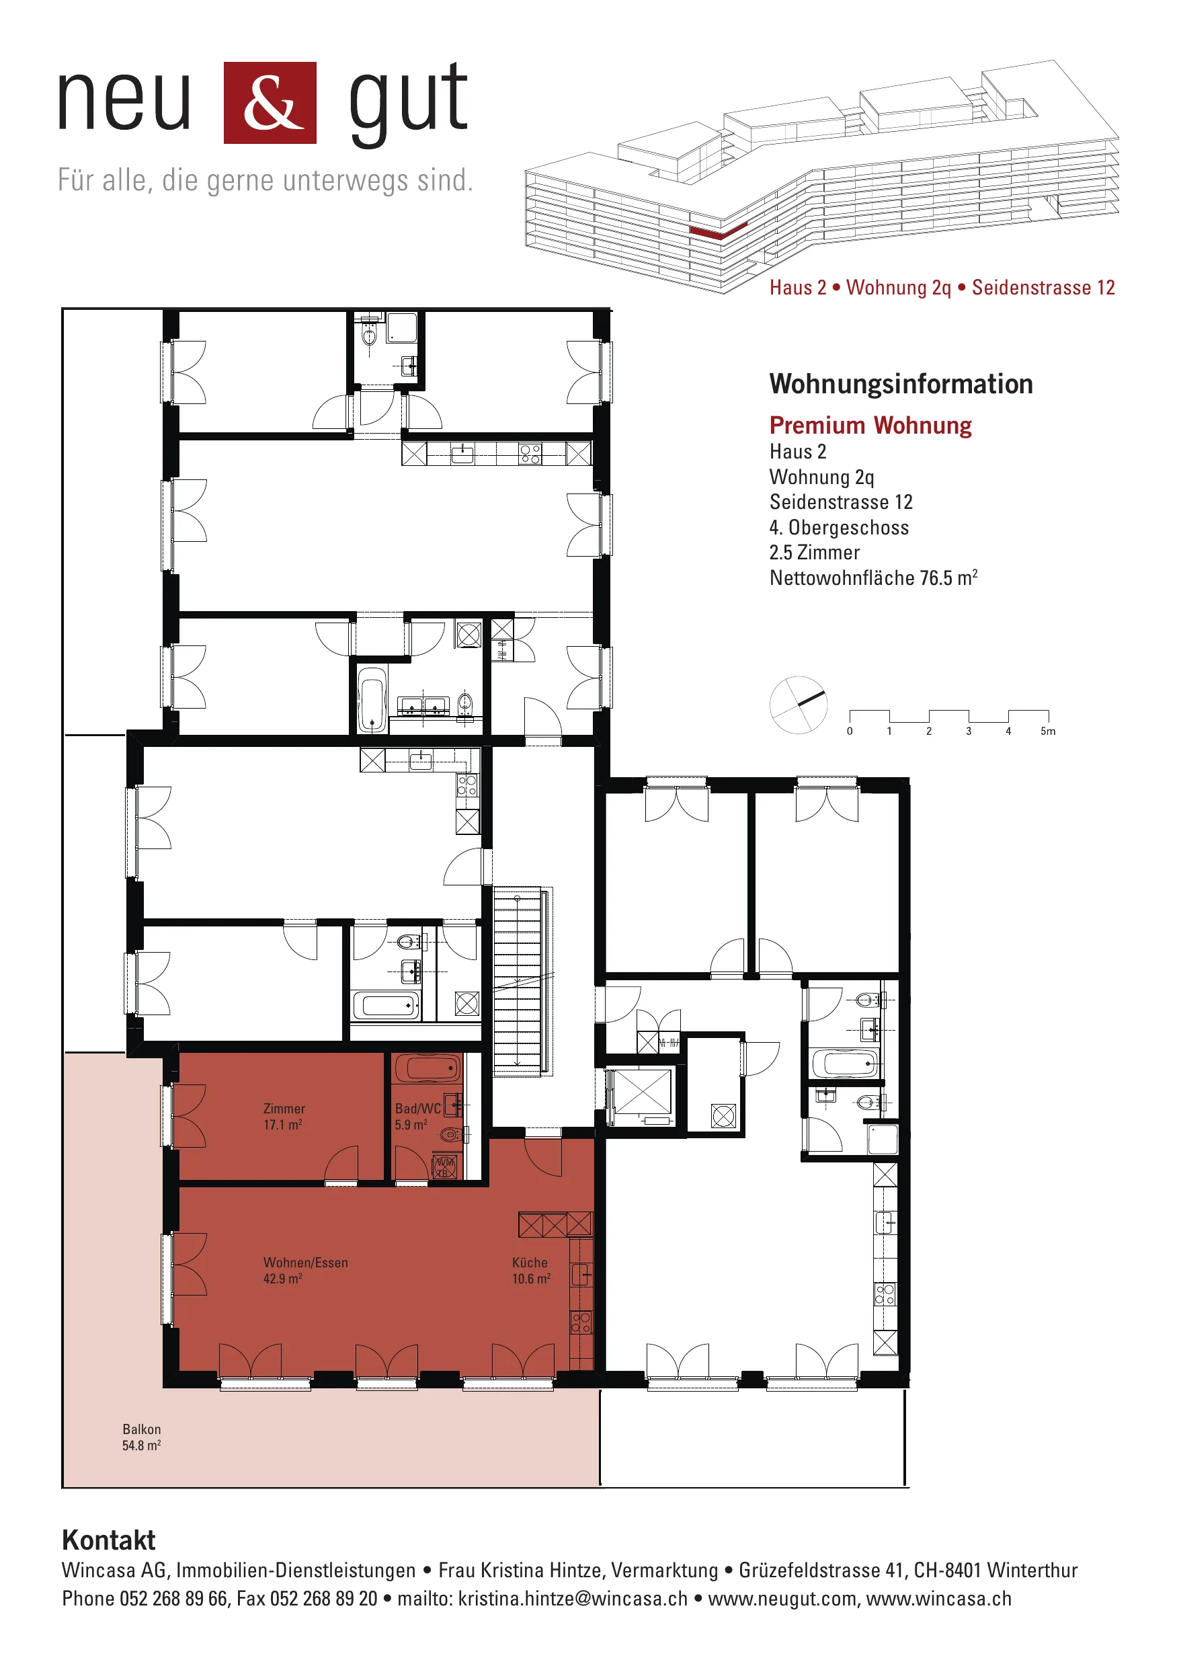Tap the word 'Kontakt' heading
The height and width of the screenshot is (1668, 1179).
click(109, 1540)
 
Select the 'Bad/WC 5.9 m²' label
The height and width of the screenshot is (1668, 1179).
click(417, 1117)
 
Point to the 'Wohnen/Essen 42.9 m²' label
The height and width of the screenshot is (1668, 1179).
click(305, 1271)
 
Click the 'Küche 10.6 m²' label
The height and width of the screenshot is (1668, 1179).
click(531, 1271)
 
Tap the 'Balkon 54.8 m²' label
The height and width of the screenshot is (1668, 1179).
click(142, 1437)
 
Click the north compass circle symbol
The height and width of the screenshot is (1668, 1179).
click(799, 705)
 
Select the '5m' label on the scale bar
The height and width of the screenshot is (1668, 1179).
click(1047, 731)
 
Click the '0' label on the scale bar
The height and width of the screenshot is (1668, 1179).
click(850, 731)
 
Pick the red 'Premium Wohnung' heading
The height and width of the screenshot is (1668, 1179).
click(870, 425)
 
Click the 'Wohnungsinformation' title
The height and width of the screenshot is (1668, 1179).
click(901, 384)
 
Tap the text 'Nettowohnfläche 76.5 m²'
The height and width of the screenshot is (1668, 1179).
click(873, 578)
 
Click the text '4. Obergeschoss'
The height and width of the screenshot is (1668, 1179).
click(839, 527)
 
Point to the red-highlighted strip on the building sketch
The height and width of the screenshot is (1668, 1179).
click(718, 232)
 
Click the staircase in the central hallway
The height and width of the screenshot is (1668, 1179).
click(518, 982)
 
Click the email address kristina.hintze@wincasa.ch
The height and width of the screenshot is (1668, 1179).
click(573, 1598)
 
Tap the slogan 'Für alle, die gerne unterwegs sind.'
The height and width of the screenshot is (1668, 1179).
click(265, 180)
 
